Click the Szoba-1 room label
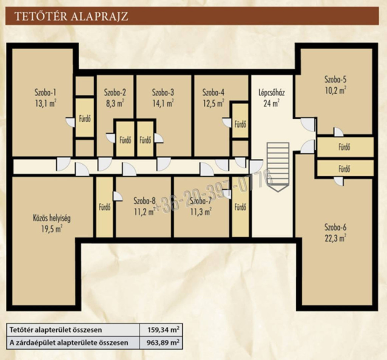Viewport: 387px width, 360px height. coord(45,93)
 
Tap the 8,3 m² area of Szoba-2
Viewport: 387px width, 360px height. coord(115,104)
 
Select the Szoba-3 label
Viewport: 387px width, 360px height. coord(163,93)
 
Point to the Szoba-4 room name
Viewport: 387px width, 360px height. coord(213,93)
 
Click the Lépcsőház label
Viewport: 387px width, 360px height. coord(271,93)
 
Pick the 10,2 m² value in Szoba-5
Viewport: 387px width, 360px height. coord(336,91)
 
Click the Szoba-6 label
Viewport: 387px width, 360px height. coord(336,227)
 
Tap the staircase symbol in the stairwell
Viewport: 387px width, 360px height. coord(278,167)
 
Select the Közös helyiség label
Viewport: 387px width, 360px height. coord(52,218)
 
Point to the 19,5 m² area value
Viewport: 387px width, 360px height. coord(52,229)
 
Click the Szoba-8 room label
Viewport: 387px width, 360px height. coord(145,201)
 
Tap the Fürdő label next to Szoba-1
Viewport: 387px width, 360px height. coord(85,119)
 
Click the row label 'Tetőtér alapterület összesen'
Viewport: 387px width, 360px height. coord(56,330)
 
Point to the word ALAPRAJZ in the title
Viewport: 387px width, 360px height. coord(99,16)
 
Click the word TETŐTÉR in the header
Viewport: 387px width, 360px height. coord(41,16)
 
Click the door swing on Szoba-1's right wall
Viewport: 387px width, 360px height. coord(70,122)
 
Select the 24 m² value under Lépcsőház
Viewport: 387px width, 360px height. coord(271,104)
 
